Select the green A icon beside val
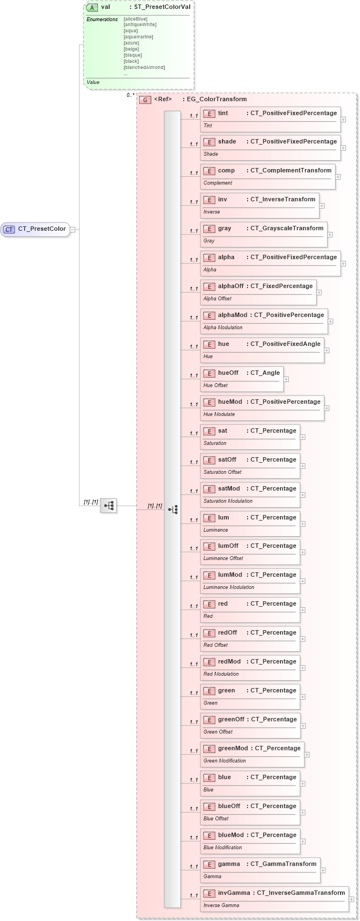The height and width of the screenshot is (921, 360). pos(92,7)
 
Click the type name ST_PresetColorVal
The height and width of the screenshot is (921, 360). pos(162,7)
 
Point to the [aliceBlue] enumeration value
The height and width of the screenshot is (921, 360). pos(135,19)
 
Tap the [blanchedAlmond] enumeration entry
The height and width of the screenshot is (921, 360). pos(144,67)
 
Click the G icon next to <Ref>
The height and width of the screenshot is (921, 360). pos(145,100)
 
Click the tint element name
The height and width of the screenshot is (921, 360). pos(223,113)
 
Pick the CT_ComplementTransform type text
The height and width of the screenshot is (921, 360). pos(290,171)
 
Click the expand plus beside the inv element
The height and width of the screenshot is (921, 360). pos(322,206)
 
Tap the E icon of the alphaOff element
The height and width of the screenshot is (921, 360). pos(209,286)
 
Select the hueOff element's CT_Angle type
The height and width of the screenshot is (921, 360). pos(265,373)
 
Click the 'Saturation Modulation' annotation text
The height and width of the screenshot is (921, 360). pos(228,501)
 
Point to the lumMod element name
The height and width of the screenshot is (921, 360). pos(230,575)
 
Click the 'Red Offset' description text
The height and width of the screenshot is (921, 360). pos(215,645)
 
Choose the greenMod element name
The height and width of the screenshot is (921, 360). pos(233,749)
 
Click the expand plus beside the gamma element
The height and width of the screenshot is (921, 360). pos(323,870)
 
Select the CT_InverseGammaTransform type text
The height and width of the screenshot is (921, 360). pos(300,893)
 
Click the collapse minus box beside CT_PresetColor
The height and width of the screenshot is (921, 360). pos(72,229)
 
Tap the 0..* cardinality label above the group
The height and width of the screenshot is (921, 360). pos(130,95)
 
